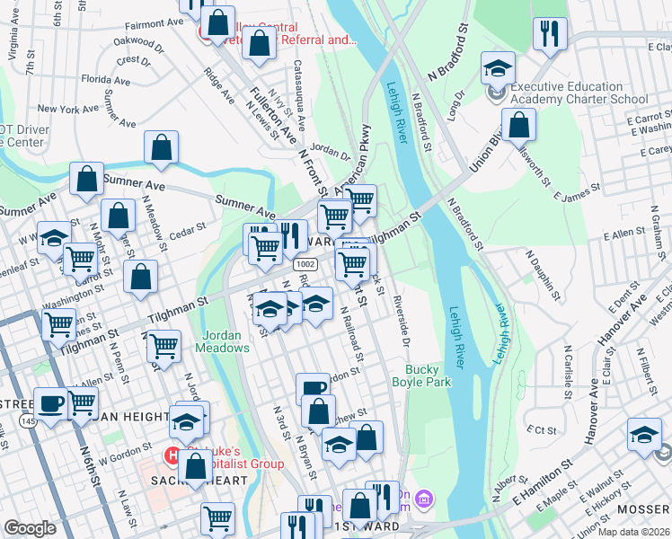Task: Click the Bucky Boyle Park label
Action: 420,376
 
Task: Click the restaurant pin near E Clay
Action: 550,35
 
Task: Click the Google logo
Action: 30,528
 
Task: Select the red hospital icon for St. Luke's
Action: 172,455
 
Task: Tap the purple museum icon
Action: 426,498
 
